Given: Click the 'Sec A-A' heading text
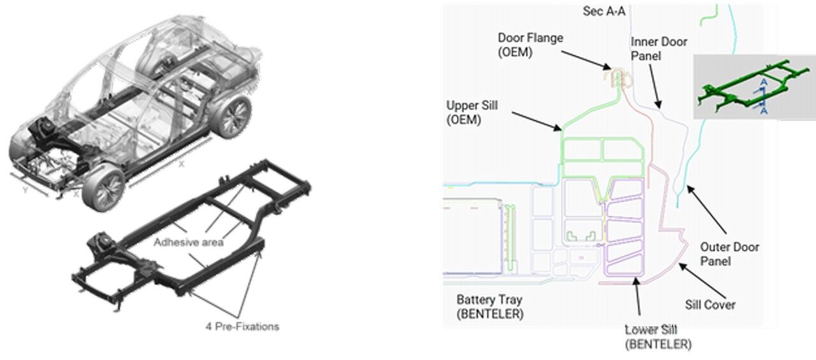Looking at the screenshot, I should tap(604, 11).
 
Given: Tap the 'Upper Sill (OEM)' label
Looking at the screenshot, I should tap(472, 112).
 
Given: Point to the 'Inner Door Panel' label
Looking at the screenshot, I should tap(659, 48).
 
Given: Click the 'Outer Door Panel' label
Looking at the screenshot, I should tap(730, 254).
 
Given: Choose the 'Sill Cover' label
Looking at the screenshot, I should tap(710, 305).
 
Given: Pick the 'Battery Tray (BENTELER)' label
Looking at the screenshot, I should tap(490, 306).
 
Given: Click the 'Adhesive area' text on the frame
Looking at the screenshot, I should tap(188, 243).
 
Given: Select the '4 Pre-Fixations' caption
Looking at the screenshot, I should tap(242, 327).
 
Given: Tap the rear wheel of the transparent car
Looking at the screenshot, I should tap(231, 117).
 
